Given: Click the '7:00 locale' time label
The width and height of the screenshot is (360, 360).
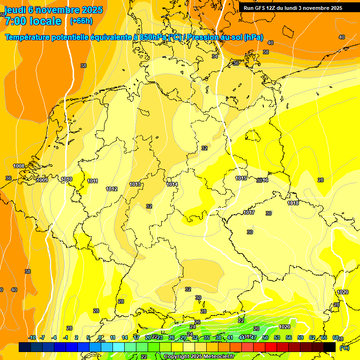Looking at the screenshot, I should click(x=33, y=21).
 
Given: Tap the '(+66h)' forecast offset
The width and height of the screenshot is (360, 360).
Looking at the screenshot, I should click(x=81, y=21).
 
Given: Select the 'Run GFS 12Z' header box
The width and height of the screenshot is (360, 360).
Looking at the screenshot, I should click(x=292, y=8).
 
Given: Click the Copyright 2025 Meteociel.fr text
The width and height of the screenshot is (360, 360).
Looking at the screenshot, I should click(x=199, y=357).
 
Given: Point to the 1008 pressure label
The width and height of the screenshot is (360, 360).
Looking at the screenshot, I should click(x=19, y=166).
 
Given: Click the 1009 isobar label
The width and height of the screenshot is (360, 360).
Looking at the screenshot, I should click(x=42, y=180).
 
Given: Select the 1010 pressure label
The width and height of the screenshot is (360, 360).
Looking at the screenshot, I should click(x=67, y=179).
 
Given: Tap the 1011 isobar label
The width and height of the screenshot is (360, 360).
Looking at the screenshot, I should click(x=92, y=181).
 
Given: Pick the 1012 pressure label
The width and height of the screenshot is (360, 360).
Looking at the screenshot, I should click(x=112, y=189).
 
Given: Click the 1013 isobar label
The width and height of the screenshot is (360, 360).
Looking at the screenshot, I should click(x=135, y=184).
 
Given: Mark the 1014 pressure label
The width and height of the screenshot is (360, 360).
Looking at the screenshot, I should click(x=172, y=184).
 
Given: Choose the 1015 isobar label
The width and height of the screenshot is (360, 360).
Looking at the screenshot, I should click(x=241, y=178).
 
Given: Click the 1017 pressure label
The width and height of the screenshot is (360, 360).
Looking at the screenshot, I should click(x=249, y=212).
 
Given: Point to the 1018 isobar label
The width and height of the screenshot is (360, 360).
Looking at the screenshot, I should click(x=293, y=203).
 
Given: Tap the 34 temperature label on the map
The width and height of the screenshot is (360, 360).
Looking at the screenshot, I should click(x=215, y=56).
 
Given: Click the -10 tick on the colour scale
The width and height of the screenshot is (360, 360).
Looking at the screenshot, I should click(x=32, y=337).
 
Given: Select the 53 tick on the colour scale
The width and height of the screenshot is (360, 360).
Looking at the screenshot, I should click(x=277, y=337).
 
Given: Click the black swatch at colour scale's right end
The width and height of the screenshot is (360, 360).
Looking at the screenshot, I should click(x=330, y=347).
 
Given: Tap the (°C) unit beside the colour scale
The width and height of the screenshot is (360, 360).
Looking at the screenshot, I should click(x=344, y=347).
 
